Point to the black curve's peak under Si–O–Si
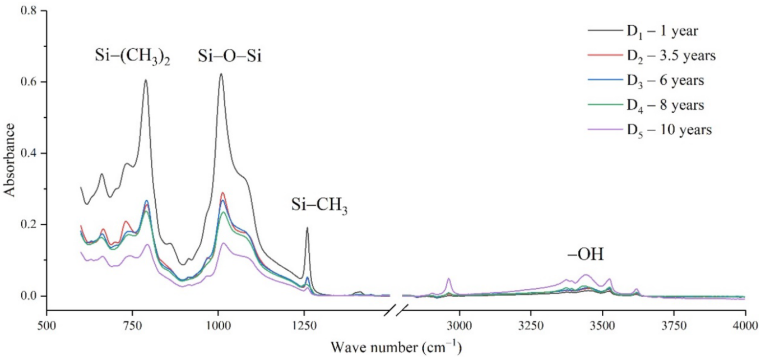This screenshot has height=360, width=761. tap(221, 74)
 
